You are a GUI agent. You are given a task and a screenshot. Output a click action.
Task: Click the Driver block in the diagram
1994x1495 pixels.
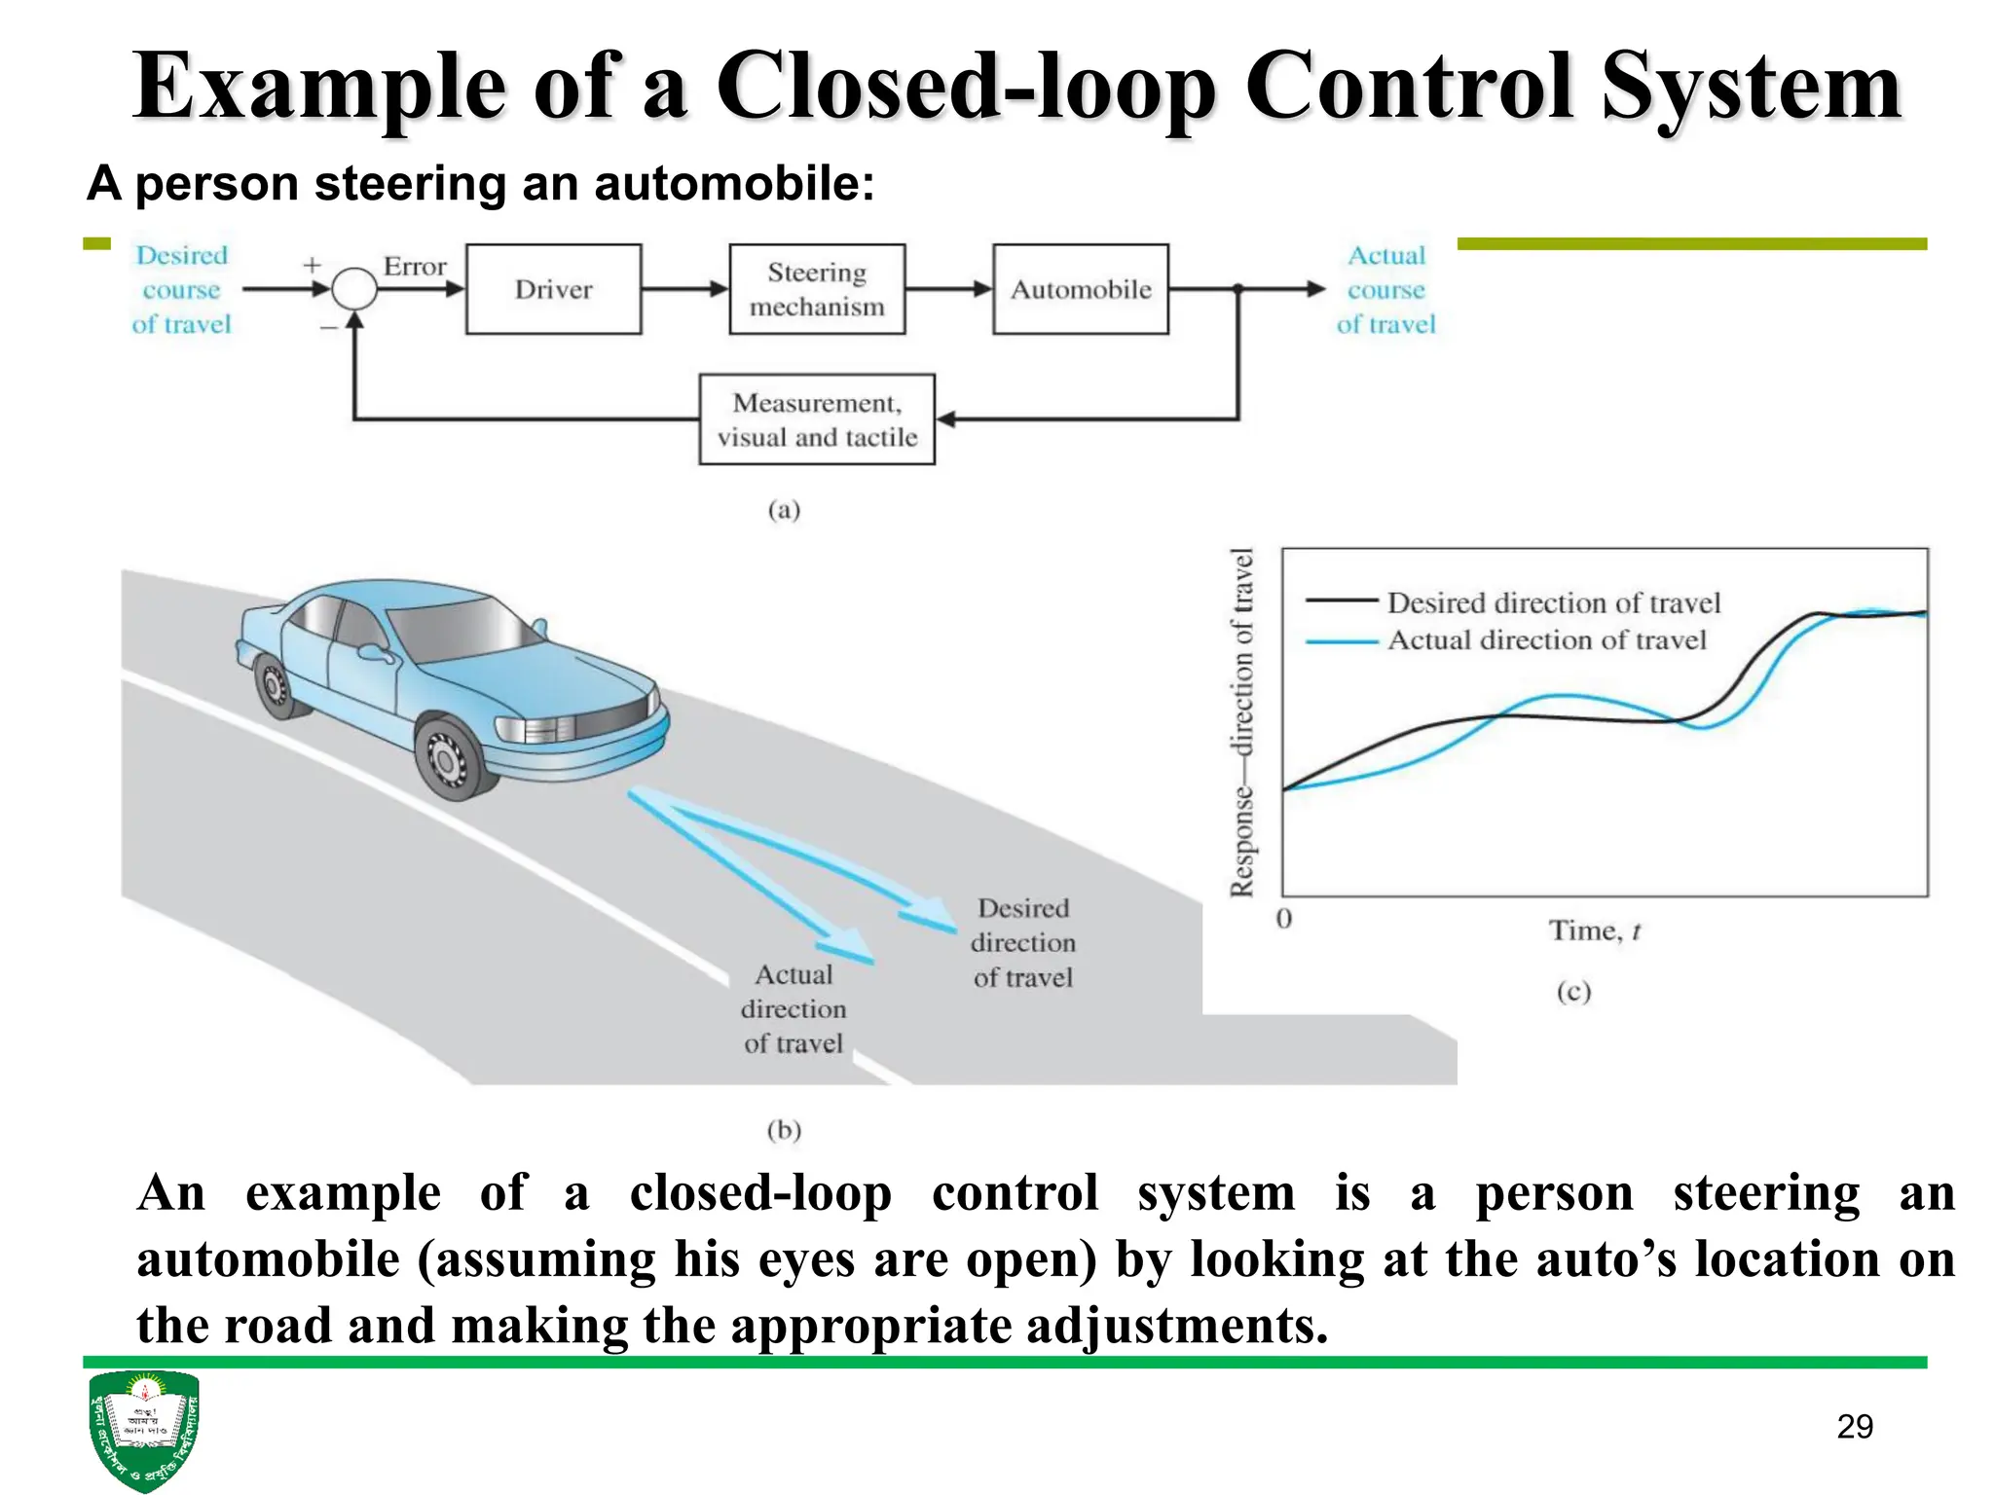(553, 289)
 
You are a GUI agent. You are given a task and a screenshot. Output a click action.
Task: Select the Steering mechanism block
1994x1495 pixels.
(817, 289)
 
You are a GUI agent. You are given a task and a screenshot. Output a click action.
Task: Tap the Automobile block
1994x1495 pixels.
(1080, 289)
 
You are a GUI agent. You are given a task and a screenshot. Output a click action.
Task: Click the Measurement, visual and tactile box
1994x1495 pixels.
(817, 419)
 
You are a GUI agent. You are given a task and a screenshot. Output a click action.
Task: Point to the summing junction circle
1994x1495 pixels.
(354, 289)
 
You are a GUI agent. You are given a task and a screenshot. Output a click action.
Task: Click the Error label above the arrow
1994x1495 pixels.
(415, 267)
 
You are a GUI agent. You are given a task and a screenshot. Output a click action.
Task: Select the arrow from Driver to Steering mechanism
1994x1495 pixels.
(684, 289)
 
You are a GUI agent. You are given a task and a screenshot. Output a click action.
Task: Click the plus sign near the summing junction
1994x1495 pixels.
(312, 265)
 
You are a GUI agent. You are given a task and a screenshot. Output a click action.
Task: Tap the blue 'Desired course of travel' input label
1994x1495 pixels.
(182, 289)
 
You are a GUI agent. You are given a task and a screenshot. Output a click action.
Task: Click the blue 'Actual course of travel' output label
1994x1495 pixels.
(1385, 289)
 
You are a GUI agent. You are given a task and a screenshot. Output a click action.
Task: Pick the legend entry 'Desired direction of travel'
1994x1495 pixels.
(1553, 603)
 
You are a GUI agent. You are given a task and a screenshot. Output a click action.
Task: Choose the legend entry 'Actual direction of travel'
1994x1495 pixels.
(1546, 640)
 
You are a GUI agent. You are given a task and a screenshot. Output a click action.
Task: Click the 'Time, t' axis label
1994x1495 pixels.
(1595, 931)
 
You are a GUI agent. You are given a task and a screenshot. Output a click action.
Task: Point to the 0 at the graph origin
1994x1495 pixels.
(1284, 919)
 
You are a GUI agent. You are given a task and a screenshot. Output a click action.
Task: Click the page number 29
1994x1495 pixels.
(1855, 1427)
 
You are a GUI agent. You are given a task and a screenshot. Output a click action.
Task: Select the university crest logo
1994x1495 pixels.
(144, 1429)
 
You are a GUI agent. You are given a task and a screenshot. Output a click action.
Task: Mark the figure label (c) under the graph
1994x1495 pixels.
(1573, 992)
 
